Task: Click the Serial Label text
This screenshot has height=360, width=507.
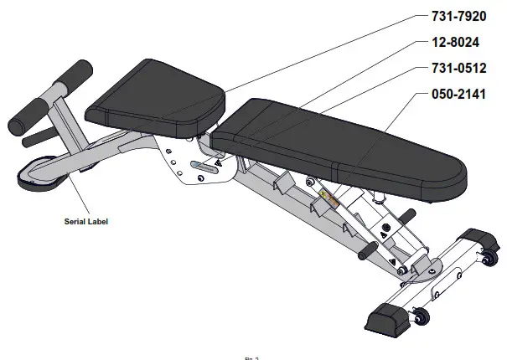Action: [x=87, y=222]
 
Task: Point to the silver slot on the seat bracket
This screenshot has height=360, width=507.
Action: [x=202, y=165]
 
